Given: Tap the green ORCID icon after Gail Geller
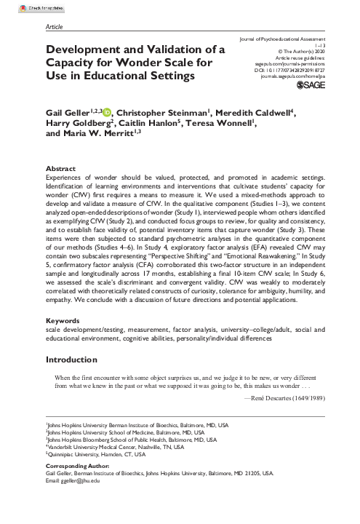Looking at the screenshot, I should [108, 111].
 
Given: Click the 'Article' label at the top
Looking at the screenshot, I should [54, 25].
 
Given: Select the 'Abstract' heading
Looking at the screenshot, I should [60, 167].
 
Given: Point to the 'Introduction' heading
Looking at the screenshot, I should [76, 360].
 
